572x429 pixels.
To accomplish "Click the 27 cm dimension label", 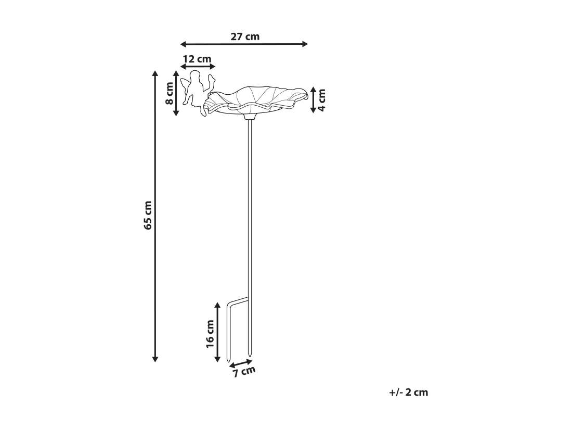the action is click(245, 36).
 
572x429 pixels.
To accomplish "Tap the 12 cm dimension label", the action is click(197, 59).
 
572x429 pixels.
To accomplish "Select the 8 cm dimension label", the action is click(170, 94).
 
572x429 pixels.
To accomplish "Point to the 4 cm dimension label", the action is click(322, 100).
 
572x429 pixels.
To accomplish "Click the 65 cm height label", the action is click(147, 216).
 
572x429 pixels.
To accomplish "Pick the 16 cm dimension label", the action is click(210, 334).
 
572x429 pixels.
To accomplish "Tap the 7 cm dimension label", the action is click(244, 372).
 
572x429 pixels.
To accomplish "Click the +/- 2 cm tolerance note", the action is click(409, 393).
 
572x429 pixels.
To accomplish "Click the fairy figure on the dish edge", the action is click(197, 93).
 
